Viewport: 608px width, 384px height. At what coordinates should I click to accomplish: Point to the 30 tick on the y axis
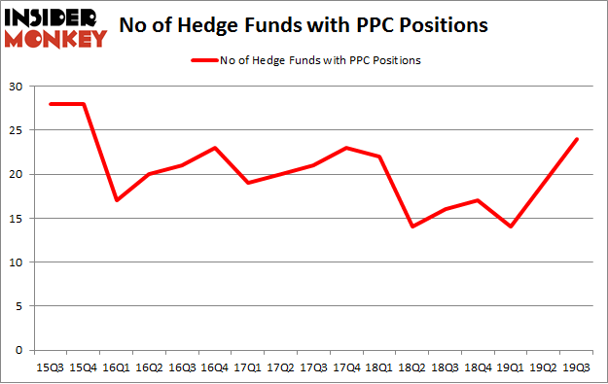pyautogui.click(x=18, y=87)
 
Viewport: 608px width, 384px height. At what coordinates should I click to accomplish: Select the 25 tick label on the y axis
pyautogui.click(x=18, y=130)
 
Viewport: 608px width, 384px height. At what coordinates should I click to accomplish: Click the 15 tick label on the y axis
pyautogui.click(x=18, y=219)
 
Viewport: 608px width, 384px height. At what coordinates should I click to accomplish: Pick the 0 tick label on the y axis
pyautogui.click(x=20, y=350)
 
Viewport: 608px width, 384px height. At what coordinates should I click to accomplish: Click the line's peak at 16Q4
pyautogui.click(x=214, y=148)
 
